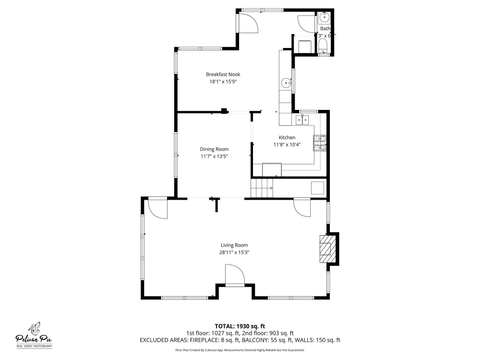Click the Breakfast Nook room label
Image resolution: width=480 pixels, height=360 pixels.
pyautogui.click(x=223, y=74)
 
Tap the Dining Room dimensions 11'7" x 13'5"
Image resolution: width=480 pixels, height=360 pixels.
pyautogui.click(x=214, y=156)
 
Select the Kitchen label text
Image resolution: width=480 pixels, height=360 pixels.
pyautogui.click(x=287, y=138)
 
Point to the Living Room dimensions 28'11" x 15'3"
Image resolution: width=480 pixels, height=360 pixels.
pyautogui.click(x=235, y=252)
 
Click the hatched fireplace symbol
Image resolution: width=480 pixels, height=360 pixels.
pyautogui.click(x=326, y=249)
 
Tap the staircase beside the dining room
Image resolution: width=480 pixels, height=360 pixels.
pyautogui.click(x=261, y=188)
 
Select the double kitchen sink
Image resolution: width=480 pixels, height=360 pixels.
pyautogui.click(x=303, y=120)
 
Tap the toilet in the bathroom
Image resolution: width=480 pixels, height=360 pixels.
pyautogui.click(x=323, y=47)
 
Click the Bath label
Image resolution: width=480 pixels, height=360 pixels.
pyautogui.click(x=325, y=29)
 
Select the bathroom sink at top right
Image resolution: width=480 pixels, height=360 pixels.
pyautogui.click(x=324, y=18)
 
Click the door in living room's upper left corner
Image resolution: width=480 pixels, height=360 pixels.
pyautogui.click(x=158, y=208)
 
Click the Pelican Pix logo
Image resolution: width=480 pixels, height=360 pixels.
pyautogui.click(x=34, y=333)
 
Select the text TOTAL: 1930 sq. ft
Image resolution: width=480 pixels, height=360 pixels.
pyautogui.click(x=240, y=326)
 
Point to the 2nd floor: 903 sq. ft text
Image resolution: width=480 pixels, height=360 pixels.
pyautogui.click(x=268, y=333)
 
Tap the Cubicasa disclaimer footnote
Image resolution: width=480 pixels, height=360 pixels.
pyautogui.click(x=240, y=350)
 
